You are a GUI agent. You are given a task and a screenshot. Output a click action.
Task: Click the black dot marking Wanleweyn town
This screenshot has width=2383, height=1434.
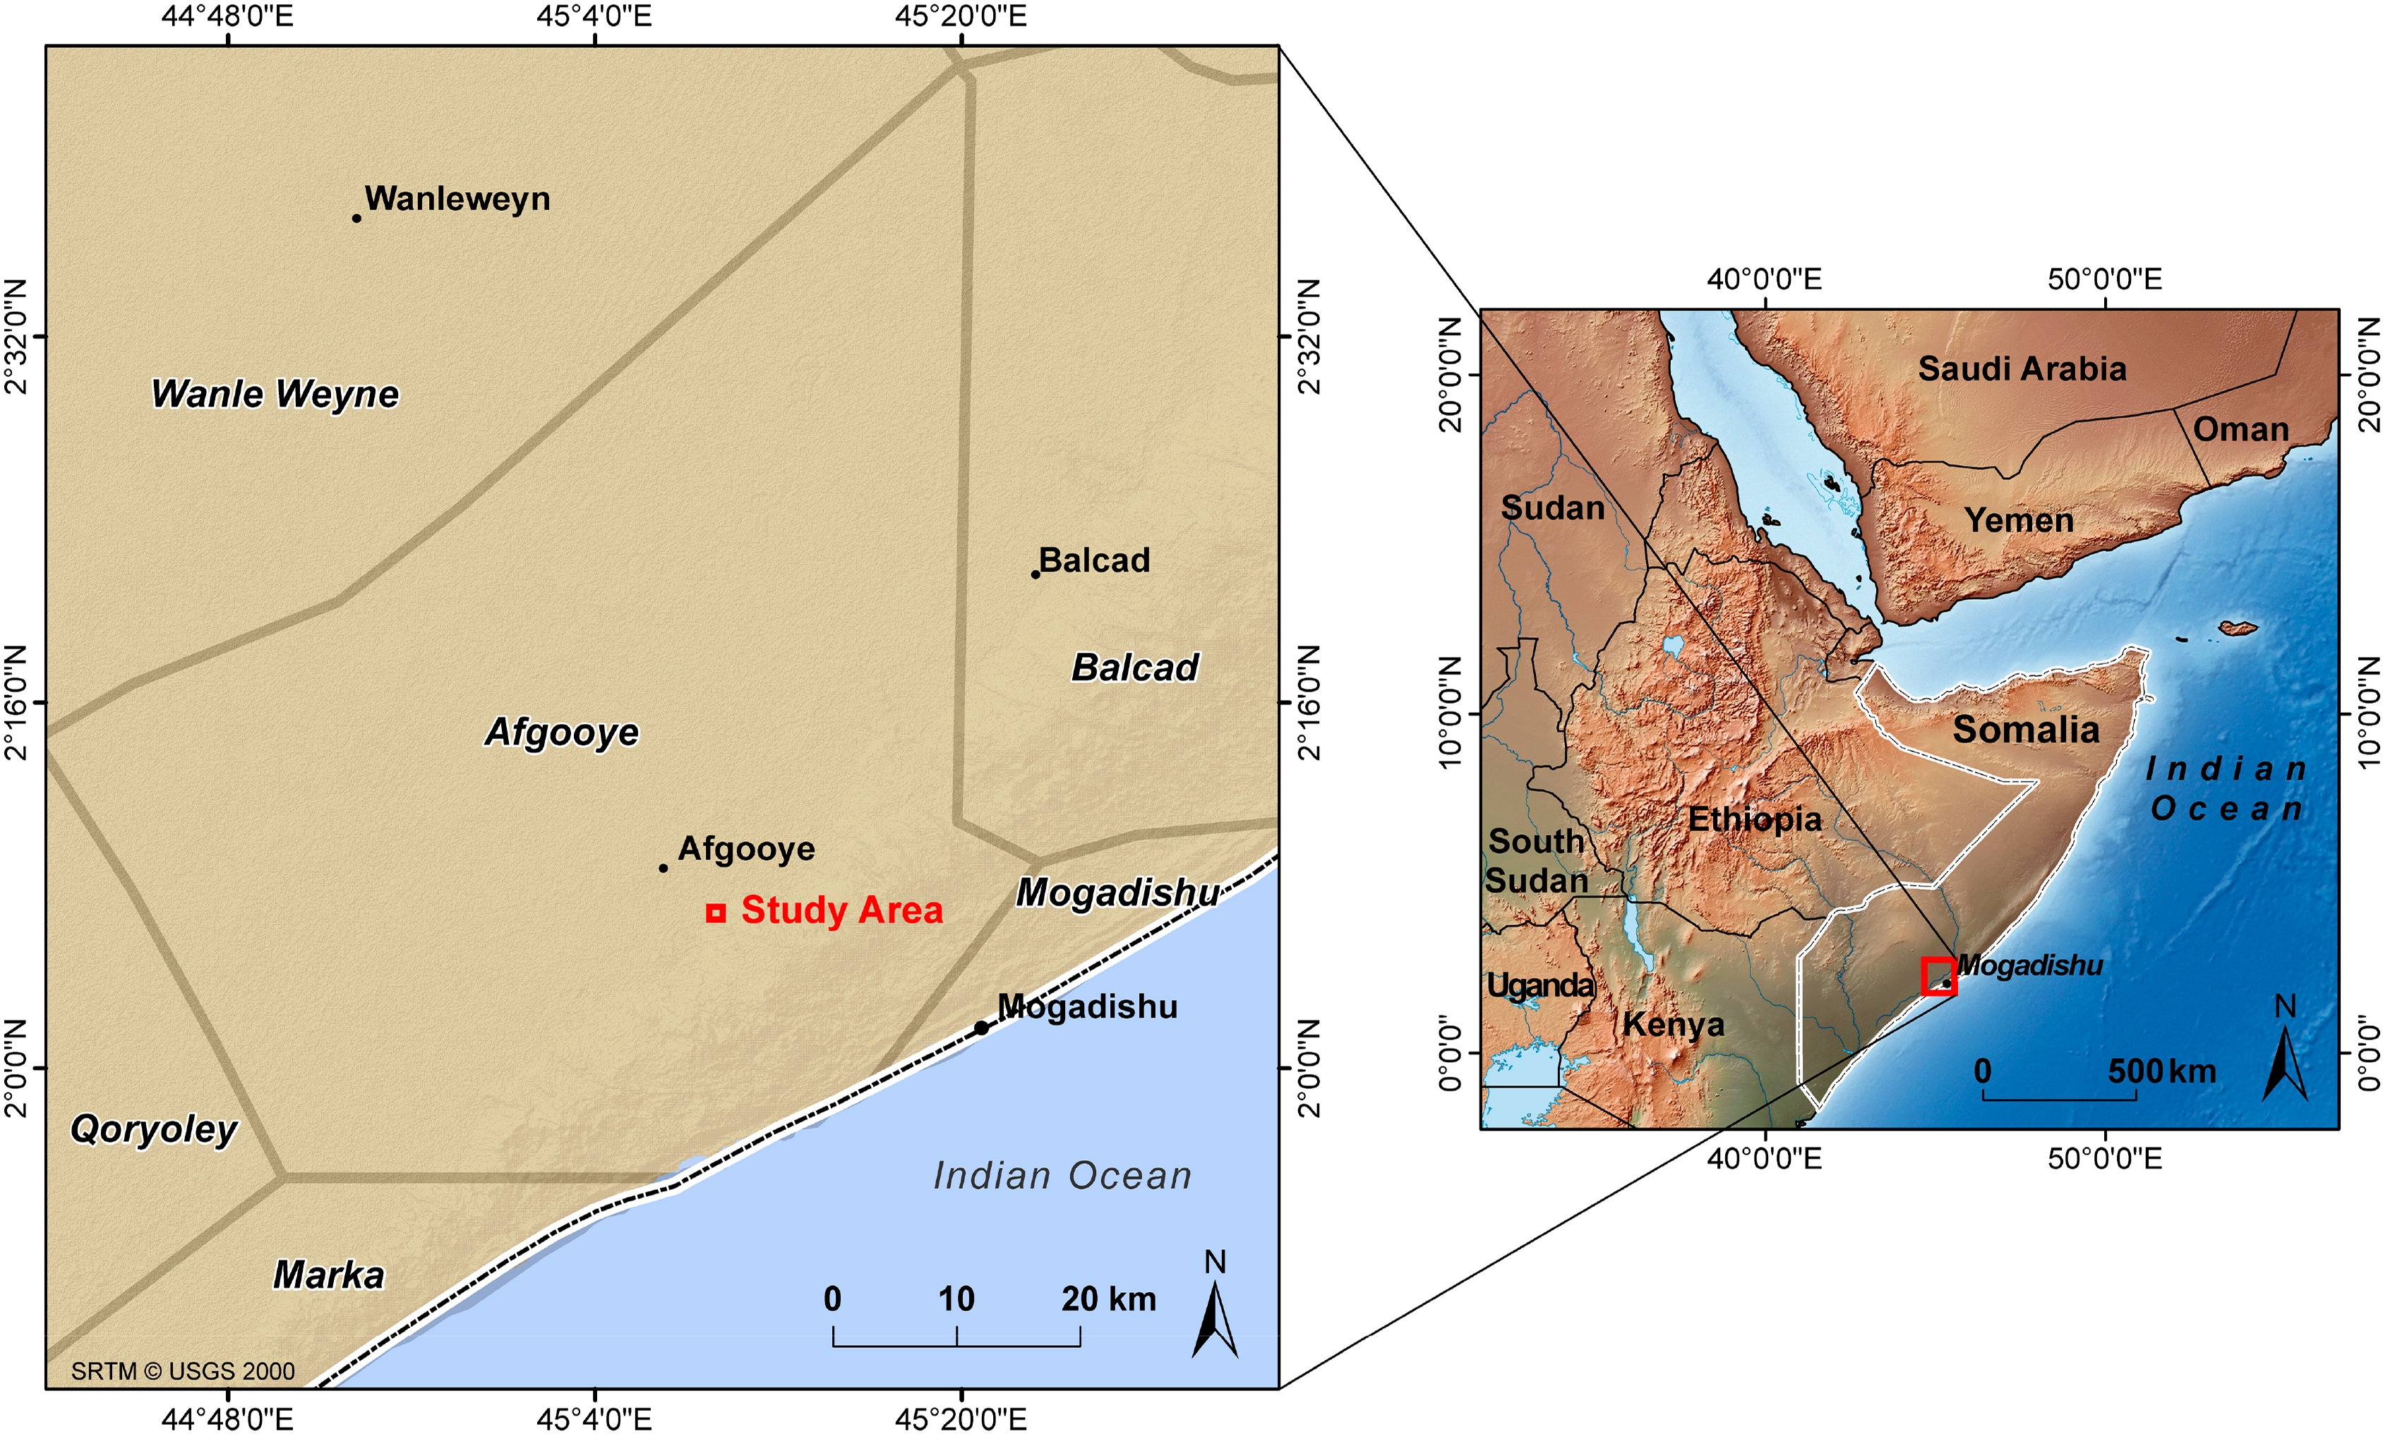click(x=356, y=218)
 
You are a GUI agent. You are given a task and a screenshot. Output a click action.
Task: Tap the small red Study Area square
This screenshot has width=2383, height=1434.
click(x=715, y=913)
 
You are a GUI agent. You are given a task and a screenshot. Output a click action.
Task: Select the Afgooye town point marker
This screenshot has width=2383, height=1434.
click(x=663, y=868)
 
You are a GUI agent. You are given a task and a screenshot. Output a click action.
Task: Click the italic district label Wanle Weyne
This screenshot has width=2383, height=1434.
click(x=275, y=394)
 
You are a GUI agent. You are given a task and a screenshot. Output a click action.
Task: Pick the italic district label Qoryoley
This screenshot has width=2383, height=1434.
click(x=154, y=1128)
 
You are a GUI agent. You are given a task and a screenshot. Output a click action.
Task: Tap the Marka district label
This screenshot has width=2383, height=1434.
click(x=328, y=1275)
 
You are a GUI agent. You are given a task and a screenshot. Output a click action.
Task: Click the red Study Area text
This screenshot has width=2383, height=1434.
click(x=841, y=910)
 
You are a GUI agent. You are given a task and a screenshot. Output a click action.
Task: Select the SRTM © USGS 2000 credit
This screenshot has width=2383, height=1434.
click(x=183, y=1371)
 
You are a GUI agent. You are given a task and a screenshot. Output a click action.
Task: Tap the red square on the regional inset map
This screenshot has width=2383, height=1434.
click(x=1938, y=976)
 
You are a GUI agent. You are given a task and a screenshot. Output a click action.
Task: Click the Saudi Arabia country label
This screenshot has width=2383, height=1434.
click(x=2022, y=369)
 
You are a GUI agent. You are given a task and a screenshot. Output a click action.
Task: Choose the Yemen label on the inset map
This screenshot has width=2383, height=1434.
click(x=2019, y=521)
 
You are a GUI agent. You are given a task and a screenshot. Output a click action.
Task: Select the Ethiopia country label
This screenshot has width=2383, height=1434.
click(x=1754, y=819)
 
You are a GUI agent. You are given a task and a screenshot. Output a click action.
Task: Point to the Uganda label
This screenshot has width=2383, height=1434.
click(x=1539, y=986)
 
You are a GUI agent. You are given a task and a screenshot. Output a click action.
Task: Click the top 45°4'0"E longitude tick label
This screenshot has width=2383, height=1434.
click(x=594, y=16)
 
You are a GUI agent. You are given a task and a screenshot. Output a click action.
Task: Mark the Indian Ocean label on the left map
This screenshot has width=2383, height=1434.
click(x=1062, y=1176)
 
